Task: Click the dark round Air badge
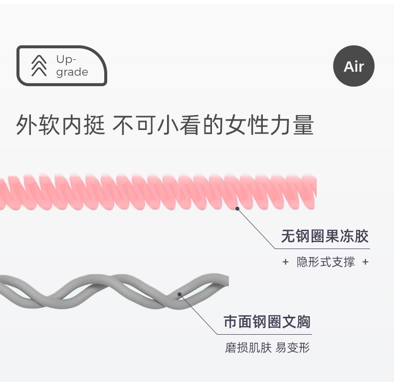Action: click(x=354, y=66)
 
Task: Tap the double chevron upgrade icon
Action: click(x=39, y=66)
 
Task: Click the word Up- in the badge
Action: click(x=66, y=59)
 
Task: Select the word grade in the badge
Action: click(x=72, y=72)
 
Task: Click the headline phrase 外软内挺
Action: click(x=60, y=125)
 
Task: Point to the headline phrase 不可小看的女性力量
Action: click(x=213, y=125)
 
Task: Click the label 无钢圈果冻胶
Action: click(x=325, y=236)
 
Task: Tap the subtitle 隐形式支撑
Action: click(x=326, y=262)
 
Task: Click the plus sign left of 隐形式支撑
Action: click(x=285, y=262)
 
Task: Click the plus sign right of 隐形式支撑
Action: click(x=366, y=262)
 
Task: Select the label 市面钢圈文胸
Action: click(x=267, y=322)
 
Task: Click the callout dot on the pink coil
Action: click(x=237, y=209)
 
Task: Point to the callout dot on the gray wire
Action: click(x=180, y=294)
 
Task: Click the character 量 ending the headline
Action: click(x=303, y=125)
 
